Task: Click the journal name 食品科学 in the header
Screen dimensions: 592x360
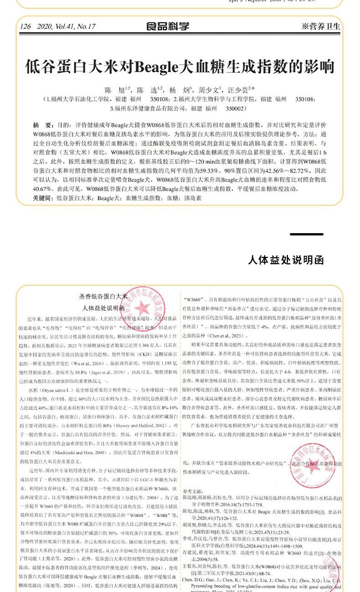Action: [168, 27]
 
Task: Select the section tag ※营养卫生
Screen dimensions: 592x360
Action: [321, 27]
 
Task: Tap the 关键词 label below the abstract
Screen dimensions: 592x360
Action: [43, 199]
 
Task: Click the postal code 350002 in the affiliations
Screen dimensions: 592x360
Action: [236, 109]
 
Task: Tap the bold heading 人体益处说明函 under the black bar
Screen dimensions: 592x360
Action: [286, 260]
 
